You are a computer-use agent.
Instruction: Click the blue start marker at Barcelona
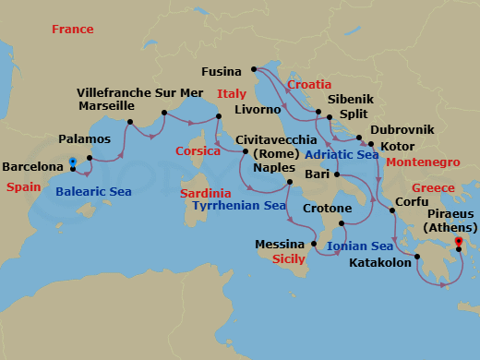coord(72,162)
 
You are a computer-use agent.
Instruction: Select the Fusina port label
coord(222,71)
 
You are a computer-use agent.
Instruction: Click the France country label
coord(73,30)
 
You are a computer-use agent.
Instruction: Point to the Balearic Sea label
coord(93,192)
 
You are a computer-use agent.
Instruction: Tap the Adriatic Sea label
coord(342,154)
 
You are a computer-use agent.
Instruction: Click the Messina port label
coord(281,245)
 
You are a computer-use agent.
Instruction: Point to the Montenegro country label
coord(422,162)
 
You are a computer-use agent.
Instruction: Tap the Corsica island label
coord(201,151)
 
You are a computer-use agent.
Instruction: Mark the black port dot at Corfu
coord(390,210)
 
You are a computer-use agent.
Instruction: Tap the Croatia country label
coord(310,84)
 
